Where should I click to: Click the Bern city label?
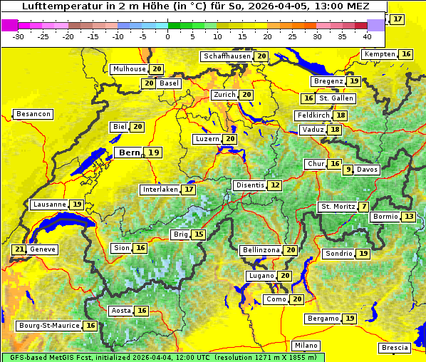pos(130,152)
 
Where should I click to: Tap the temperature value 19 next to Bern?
pos(155,152)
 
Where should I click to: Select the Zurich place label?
pos(224,95)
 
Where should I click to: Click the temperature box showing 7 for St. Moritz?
pos(364,207)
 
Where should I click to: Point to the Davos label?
pos(368,170)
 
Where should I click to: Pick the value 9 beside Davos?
pos(348,170)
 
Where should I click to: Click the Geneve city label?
pos(43,249)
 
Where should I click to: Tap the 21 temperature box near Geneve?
pos(19,249)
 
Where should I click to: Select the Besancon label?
pos(33,114)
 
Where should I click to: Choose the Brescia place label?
pos(395,348)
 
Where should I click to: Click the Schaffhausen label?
pos(227,56)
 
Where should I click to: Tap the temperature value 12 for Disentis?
pos(275,185)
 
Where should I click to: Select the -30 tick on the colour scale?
pos(19,36)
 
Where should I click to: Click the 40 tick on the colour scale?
pos(367,36)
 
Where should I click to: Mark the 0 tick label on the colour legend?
pos(168,36)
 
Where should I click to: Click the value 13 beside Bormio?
pos(408,217)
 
